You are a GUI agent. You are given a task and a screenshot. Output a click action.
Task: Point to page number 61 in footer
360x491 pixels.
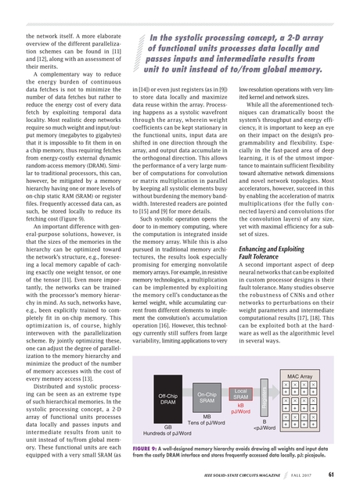point(332,472)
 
